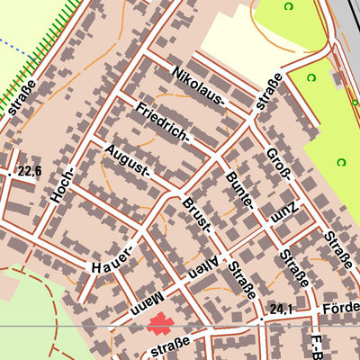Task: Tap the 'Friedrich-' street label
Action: click(163, 124)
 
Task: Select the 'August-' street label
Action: click(125, 160)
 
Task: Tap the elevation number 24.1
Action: click(281, 309)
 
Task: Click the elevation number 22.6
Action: click(31, 170)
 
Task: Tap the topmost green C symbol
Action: click(288, 7)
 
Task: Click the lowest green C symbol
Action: click(341, 162)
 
